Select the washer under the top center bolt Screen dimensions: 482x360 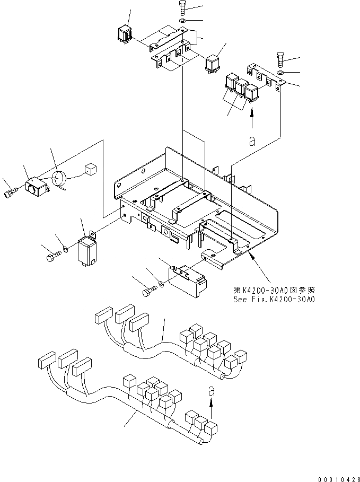pos(182,20)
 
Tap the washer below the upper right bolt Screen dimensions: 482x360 pos(280,72)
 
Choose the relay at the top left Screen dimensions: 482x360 pos(125,32)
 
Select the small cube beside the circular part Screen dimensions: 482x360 pos(90,169)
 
